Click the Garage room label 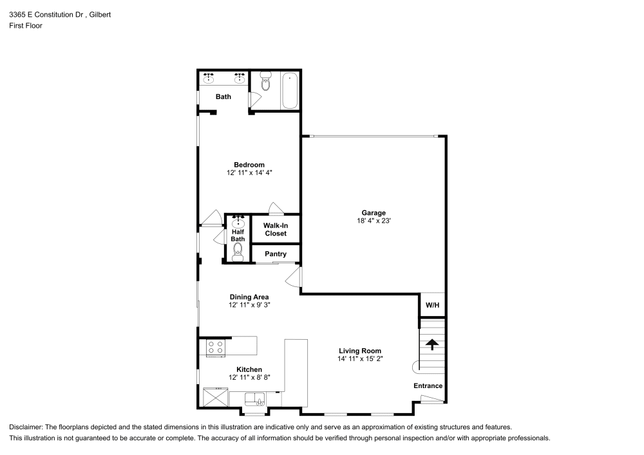[x=373, y=212]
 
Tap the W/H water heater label [x=431, y=305]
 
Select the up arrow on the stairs [x=432, y=344]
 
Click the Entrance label [x=428, y=386]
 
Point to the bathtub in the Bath [x=290, y=91]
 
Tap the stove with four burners [x=216, y=348]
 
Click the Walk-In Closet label [x=276, y=230]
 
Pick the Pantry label [x=276, y=254]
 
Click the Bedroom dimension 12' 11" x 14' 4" [x=249, y=173]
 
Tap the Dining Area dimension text [x=249, y=305]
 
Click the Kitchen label [x=249, y=369]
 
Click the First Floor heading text [x=26, y=26]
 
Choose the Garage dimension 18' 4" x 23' [x=373, y=221]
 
